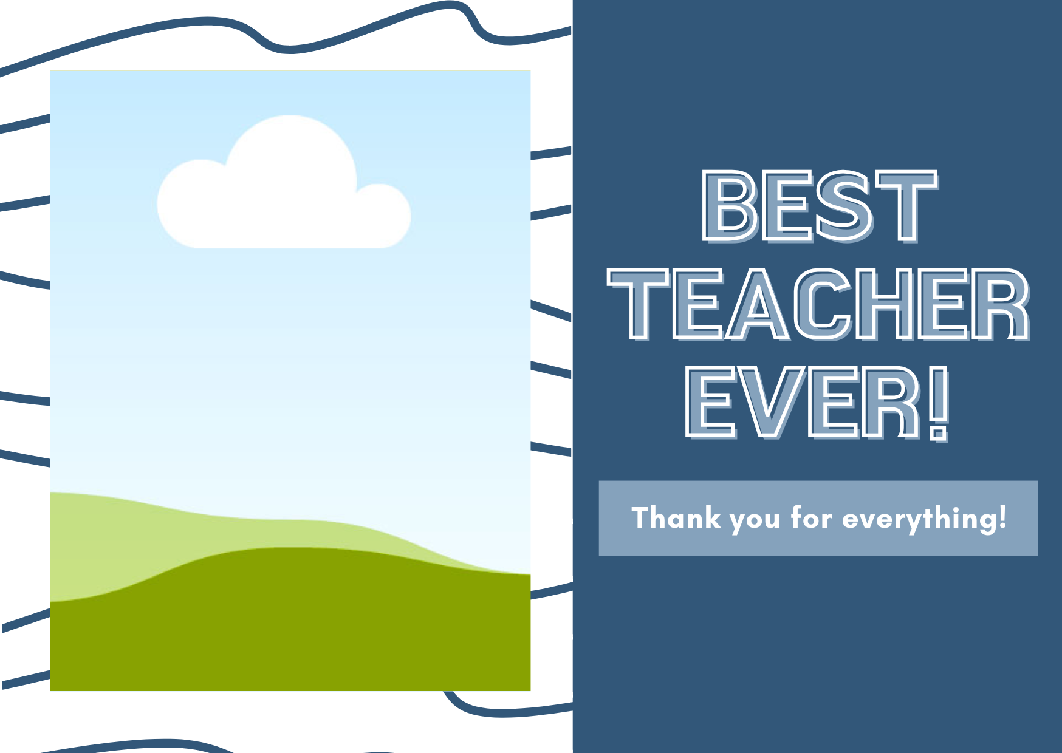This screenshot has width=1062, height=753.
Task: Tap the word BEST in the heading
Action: pyautogui.click(x=820, y=206)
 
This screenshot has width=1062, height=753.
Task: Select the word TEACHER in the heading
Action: pyautogui.click(x=819, y=304)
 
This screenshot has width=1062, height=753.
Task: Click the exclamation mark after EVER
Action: pyautogui.click(x=939, y=403)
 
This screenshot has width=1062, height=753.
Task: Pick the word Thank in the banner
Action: pyautogui.click(x=676, y=518)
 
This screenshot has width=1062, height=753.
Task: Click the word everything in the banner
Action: pyautogui.click(x=918, y=520)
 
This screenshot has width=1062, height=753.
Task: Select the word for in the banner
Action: pyautogui.click(x=811, y=518)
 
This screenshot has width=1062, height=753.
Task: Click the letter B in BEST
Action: pyautogui.click(x=730, y=206)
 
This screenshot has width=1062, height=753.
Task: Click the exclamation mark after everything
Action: pyautogui.click(x=1002, y=518)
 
